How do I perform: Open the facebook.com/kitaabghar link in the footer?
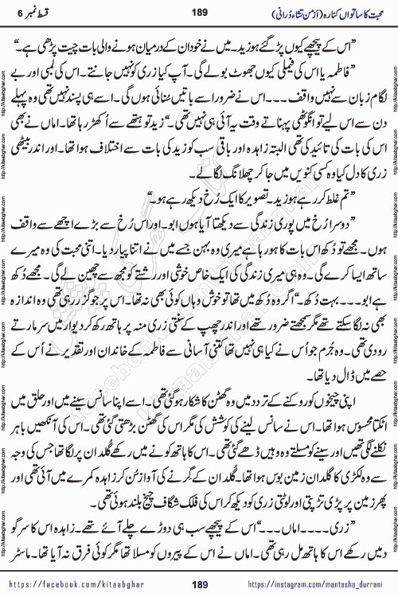(88, 587)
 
